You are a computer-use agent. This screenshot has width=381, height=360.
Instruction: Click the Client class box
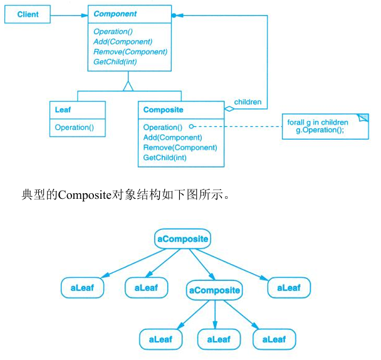27,14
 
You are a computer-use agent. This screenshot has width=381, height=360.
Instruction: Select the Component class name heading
115,14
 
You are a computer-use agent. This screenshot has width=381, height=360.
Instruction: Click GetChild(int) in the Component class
115,61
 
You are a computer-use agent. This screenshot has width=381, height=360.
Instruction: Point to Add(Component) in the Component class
123,41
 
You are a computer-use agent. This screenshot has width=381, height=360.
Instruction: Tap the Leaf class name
63,110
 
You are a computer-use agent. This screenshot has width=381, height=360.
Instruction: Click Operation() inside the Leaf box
74,127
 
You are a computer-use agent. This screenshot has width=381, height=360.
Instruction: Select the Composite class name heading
163,110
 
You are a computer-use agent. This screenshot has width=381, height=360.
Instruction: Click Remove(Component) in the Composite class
180,147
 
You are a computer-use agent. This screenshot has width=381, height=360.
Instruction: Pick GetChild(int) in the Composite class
165,157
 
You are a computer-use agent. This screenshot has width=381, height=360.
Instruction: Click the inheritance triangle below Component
128,85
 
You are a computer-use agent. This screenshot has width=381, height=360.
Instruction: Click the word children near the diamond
248,102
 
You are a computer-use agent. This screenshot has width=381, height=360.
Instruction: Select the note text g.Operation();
320,130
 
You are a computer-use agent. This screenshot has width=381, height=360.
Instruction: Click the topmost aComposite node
182,239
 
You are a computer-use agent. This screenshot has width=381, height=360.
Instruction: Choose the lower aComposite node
214,290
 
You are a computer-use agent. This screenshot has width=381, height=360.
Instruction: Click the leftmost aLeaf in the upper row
82,288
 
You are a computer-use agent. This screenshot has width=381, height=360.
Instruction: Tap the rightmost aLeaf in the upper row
289,288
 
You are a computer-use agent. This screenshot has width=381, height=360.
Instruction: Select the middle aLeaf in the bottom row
219,340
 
